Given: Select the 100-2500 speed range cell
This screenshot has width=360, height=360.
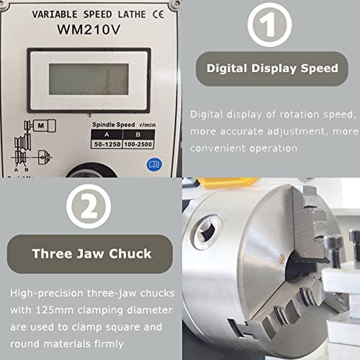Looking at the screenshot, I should [138, 145].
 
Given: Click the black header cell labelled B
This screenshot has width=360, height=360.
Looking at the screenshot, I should [138, 134].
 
